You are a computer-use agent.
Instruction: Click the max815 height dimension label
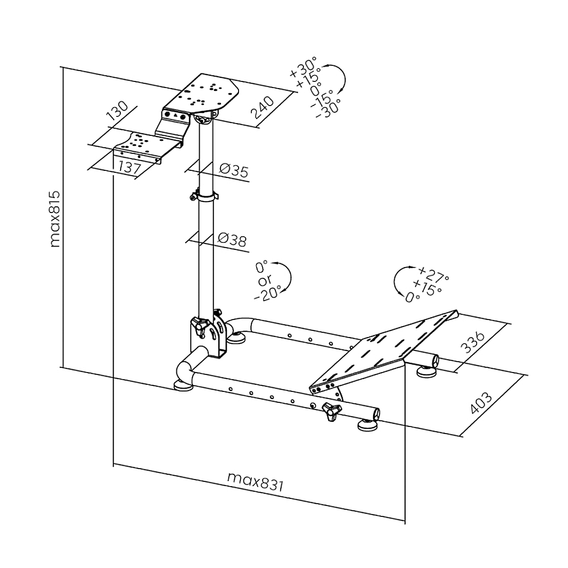[55, 219]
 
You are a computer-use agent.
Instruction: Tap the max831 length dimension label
[255, 480]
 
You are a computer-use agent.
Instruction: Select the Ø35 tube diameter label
[234, 170]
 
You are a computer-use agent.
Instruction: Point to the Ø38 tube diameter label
[232, 240]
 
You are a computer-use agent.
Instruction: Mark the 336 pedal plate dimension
[474, 343]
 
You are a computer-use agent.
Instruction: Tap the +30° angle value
[303, 68]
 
